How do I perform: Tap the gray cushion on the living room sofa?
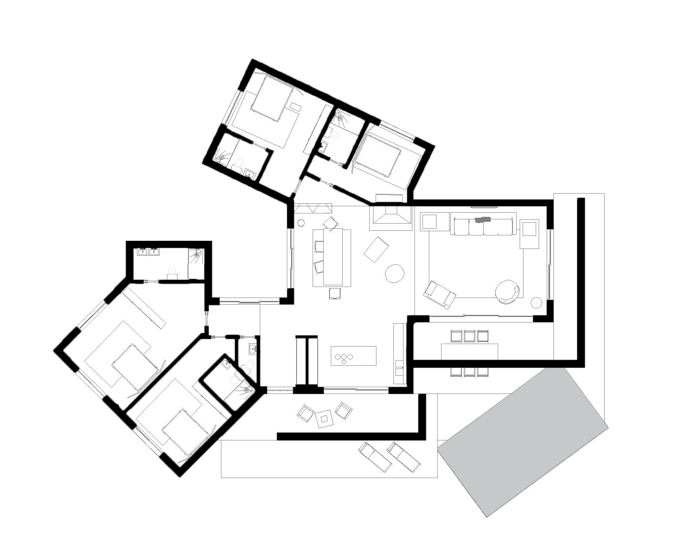[483, 220]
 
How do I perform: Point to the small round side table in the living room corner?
[536, 302]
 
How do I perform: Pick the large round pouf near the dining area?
[395, 273]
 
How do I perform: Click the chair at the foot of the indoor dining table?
[335, 293]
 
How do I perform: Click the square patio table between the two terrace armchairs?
[324, 418]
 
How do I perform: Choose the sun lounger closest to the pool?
[403, 456]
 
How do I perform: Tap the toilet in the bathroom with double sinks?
[172, 271]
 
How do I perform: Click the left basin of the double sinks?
[142, 252]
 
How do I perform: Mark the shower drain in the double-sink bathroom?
[197, 256]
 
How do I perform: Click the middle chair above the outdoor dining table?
[469, 336]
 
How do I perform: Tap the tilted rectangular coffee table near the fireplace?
[376, 249]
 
